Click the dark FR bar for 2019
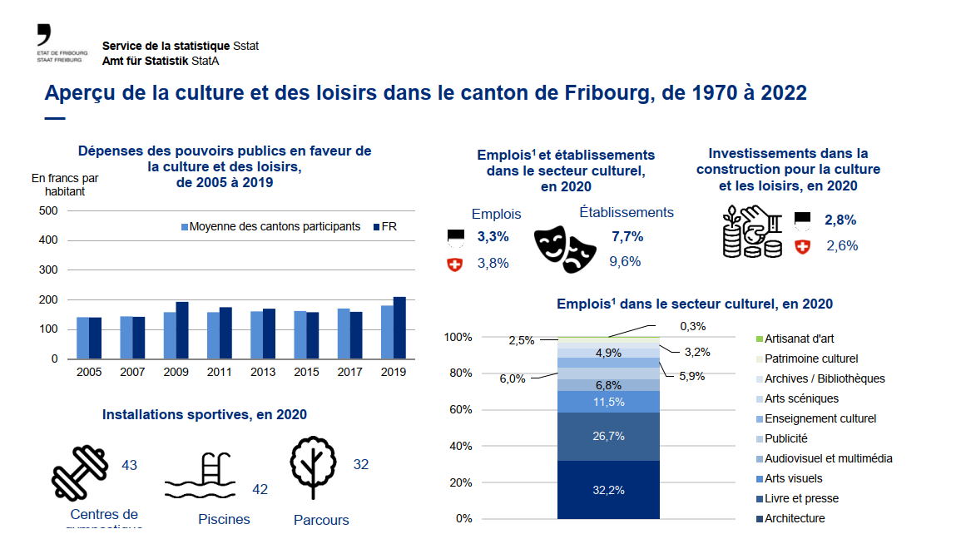pos(399,328)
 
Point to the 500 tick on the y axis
pos(48,210)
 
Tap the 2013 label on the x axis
pos(262,372)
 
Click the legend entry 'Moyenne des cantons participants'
pos(270,226)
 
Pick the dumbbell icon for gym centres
pos(80,471)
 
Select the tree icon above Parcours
pos(315,467)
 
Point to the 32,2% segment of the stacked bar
pos(608,490)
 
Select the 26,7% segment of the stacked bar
pos(608,437)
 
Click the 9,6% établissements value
pos(625,261)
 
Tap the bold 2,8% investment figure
pos(840,220)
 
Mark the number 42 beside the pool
pos(260,490)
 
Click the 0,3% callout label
pos(692,326)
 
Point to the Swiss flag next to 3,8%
pos(454,265)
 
